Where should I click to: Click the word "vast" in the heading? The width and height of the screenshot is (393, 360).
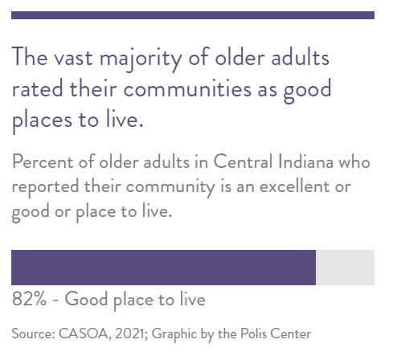pyautogui.click(x=73, y=58)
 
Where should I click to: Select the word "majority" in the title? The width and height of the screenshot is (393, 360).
pyautogui.click(x=141, y=59)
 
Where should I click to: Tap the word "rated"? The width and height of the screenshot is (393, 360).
pyautogui.click(x=38, y=88)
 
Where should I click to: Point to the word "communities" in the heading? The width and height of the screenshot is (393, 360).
pyautogui.click(x=187, y=88)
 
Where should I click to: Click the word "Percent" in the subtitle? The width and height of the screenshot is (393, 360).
pyautogui.click(x=43, y=162)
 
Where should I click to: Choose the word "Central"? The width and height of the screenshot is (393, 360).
pyautogui.click(x=243, y=162)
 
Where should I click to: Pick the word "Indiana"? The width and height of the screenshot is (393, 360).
pyautogui.click(x=305, y=162)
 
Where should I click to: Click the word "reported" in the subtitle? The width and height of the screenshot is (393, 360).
pyautogui.click(x=45, y=187)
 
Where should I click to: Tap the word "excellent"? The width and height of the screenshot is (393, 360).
pyautogui.click(x=293, y=186)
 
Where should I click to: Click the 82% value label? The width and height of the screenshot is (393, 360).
pyautogui.click(x=29, y=299)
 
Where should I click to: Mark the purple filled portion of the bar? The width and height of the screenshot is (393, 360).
pyautogui.click(x=163, y=268)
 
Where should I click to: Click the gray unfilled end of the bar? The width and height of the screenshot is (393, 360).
pyautogui.click(x=345, y=268)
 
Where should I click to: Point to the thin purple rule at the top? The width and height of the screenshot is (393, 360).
pyautogui.click(x=193, y=15)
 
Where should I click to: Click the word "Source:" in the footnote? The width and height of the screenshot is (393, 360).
pyautogui.click(x=33, y=333)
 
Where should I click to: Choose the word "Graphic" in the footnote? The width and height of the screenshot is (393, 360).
pyautogui.click(x=174, y=335)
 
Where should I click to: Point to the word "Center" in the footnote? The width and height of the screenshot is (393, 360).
pyautogui.click(x=290, y=333)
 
